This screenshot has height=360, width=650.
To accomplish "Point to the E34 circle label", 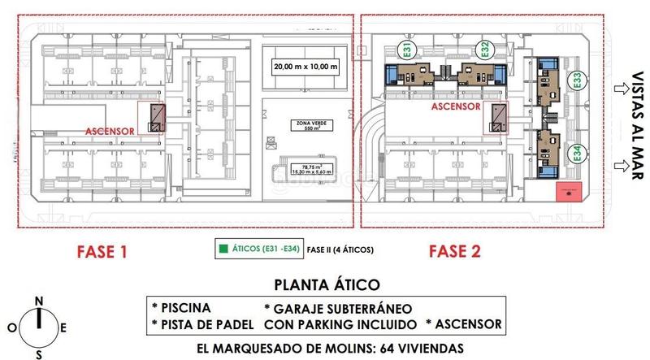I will pos(577,152).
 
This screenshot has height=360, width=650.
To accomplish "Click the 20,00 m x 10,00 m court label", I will pos(305,66).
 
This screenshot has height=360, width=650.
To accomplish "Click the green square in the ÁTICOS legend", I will pos(221,250).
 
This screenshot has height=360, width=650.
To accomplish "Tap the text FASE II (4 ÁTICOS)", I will pos(340,250).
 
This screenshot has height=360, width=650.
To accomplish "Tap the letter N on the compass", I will pos(38,300).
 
